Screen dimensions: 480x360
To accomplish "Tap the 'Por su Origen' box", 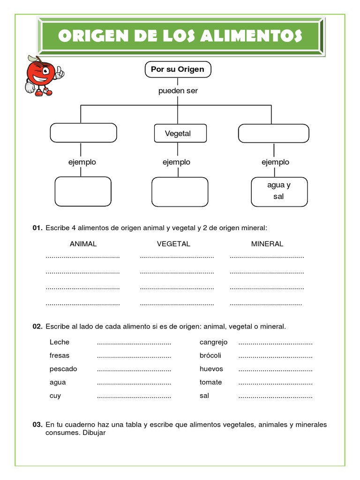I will click(178, 69).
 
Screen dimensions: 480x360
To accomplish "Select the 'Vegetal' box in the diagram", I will click(178, 133).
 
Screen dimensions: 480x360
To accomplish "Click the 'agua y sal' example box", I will click(279, 191).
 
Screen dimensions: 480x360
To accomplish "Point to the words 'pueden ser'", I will click(178, 91).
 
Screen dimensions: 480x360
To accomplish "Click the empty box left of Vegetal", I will click(83, 133).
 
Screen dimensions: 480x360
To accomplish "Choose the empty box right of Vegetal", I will click(273, 133).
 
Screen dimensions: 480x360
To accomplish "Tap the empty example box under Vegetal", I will click(180, 191).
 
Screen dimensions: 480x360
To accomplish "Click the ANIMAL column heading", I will click(83, 244).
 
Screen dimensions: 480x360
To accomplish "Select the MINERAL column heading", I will click(267, 244).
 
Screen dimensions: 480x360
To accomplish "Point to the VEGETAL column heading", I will click(173, 244).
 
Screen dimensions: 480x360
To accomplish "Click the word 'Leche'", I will click(60, 342).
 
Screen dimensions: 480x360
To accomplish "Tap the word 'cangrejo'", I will click(213, 342).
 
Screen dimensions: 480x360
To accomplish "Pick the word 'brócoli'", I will click(210, 355).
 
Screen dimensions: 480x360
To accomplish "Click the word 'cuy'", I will click(55, 396).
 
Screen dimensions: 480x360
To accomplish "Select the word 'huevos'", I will click(211, 369).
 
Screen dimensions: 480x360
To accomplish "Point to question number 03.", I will click(37, 425).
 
